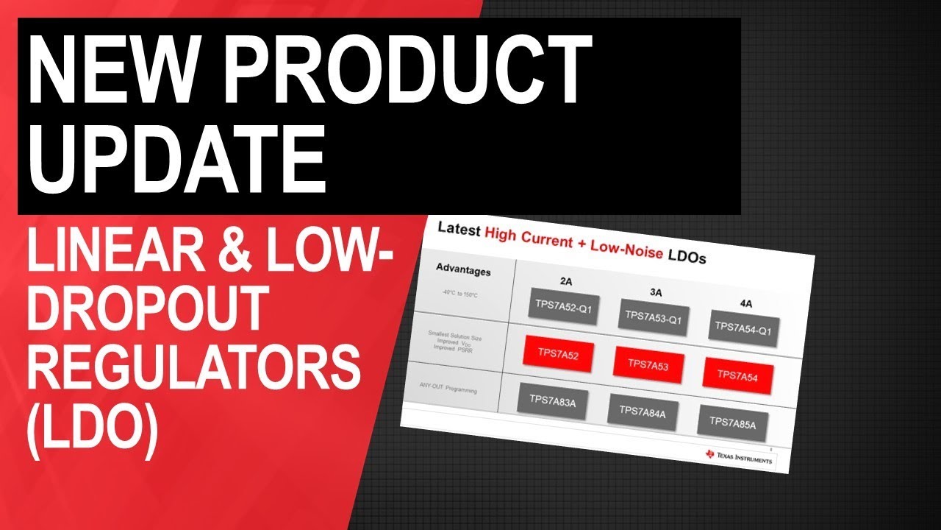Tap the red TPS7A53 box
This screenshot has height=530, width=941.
point(649,364)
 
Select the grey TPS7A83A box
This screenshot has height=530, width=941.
point(553,400)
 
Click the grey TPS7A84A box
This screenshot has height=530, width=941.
point(642,411)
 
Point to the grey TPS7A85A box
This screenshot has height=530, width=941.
point(732,421)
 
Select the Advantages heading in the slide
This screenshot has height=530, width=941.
point(463,270)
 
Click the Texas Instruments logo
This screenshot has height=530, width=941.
point(738,456)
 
